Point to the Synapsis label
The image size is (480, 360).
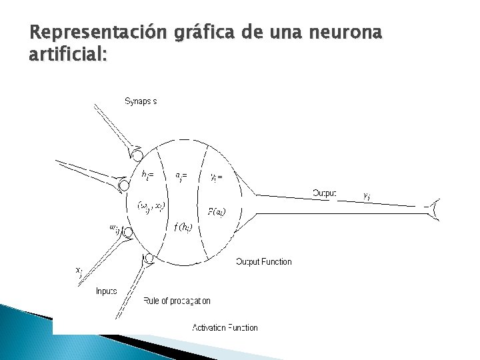(x=141, y=102)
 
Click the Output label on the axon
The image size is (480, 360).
(x=325, y=193)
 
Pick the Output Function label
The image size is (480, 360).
(x=264, y=262)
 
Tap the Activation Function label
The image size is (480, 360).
(x=225, y=327)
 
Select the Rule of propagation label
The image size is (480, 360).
(x=177, y=301)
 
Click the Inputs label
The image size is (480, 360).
(x=107, y=291)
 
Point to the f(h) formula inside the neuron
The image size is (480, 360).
(x=183, y=227)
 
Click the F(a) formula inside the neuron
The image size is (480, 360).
(x=217, y=212)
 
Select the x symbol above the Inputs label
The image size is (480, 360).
(x=79, y=271)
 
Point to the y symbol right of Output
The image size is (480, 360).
(x=367, y=196)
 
